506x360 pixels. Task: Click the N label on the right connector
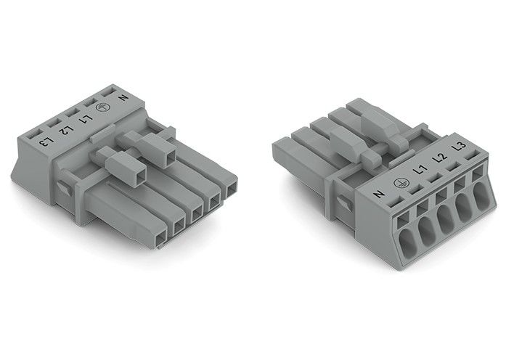[378, 193]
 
